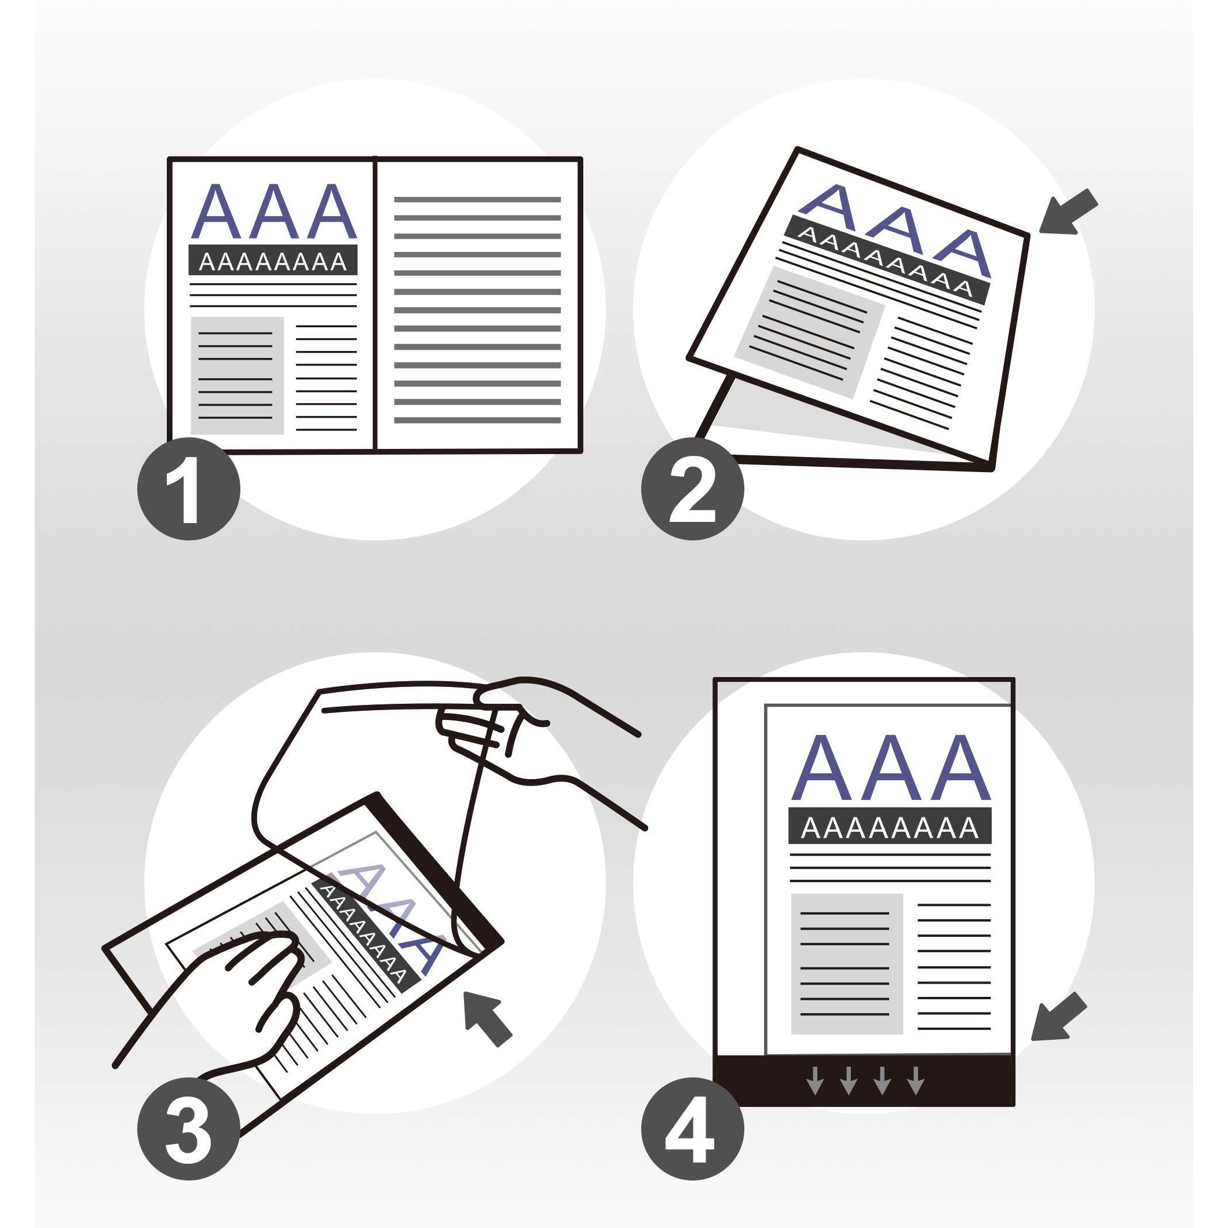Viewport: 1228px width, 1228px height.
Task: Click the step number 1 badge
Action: click(189, 488)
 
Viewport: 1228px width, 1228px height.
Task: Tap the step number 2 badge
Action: click(692, 488)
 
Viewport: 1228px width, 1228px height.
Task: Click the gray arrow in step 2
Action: click(1069, 211)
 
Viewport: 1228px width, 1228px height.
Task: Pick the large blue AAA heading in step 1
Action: click(273, 211)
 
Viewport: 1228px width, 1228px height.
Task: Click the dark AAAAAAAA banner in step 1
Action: click(273, 260)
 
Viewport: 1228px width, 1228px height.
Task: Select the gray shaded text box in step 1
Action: click(237, 376)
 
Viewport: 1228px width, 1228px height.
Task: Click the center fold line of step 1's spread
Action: click(375, 304)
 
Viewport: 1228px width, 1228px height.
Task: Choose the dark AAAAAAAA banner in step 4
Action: click(890, 825)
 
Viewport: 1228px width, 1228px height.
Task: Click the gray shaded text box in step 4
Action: click(847, 964)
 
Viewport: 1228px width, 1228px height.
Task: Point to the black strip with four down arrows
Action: click(863, 1080)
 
